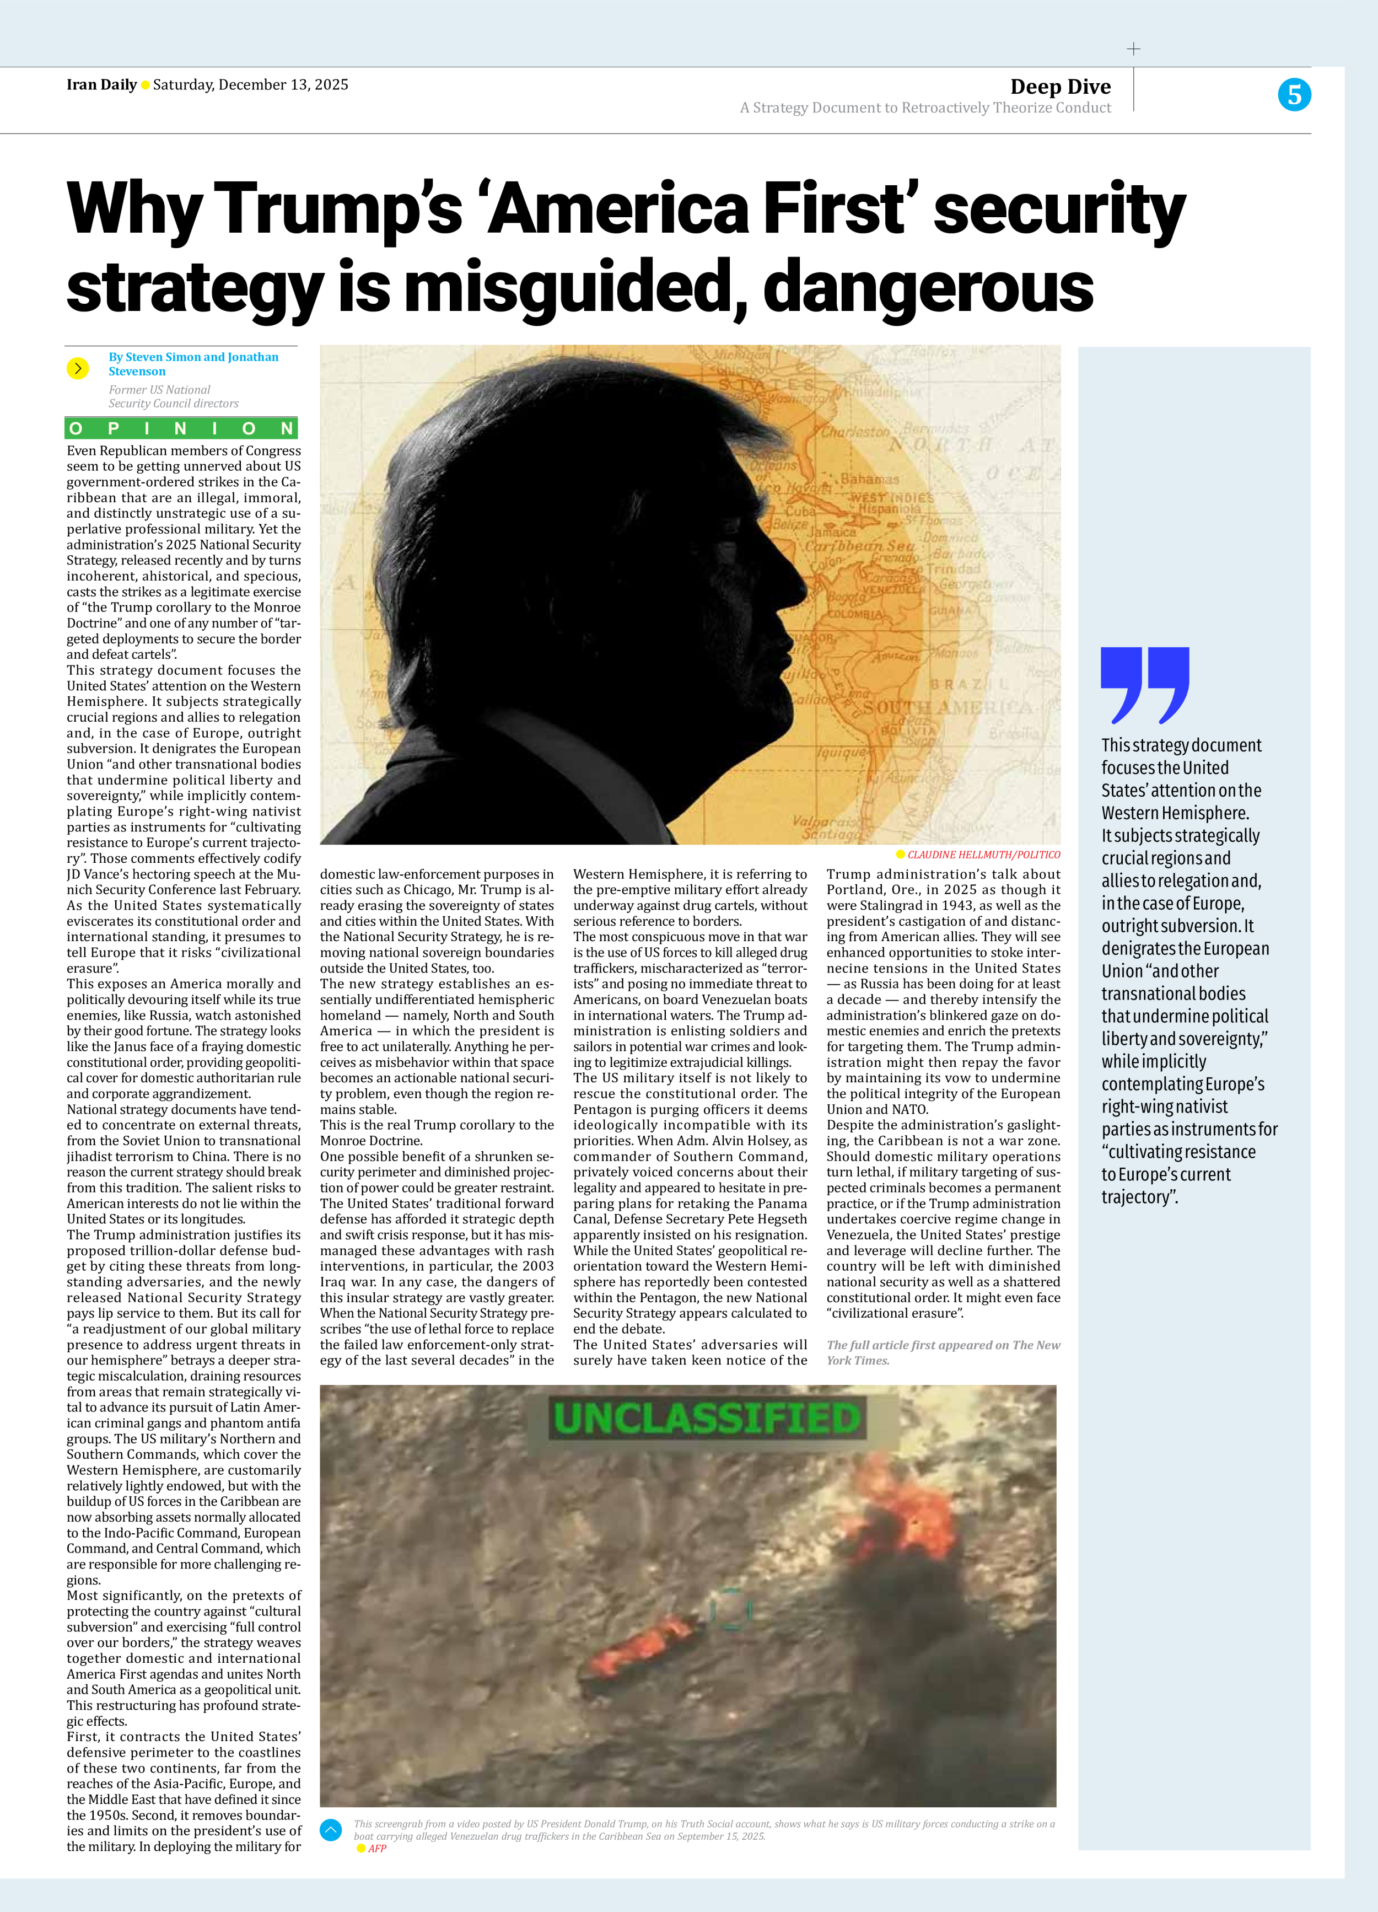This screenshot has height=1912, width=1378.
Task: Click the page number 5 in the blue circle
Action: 1294,94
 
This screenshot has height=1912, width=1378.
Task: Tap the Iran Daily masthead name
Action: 101,84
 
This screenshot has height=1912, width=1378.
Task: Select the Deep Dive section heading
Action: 1061,87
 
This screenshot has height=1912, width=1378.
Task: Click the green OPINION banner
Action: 181,428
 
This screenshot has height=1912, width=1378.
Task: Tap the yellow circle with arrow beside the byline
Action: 78,368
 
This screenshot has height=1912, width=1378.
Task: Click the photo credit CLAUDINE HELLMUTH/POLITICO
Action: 983,854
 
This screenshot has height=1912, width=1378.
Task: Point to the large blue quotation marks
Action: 1144,685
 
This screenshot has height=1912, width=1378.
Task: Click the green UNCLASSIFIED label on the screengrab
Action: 706,1418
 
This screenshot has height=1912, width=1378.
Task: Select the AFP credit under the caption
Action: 376,1848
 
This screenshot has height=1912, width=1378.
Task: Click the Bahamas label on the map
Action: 870,479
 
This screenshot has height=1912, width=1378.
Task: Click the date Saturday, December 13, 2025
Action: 250,84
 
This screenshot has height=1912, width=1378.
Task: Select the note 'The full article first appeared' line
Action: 942,1345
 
